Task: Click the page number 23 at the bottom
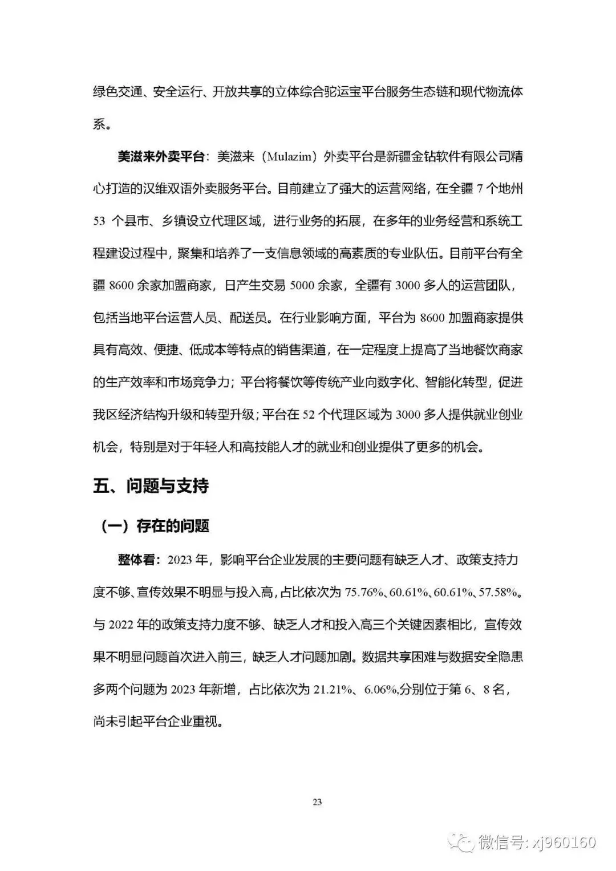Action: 317,802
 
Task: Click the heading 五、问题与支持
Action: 151,486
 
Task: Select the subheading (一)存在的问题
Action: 155,526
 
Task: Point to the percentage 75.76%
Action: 363,593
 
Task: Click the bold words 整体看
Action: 139,560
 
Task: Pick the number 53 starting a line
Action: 99,221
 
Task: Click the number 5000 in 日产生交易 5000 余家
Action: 302,285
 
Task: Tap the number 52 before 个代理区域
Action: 308,415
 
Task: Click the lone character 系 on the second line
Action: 99,124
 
